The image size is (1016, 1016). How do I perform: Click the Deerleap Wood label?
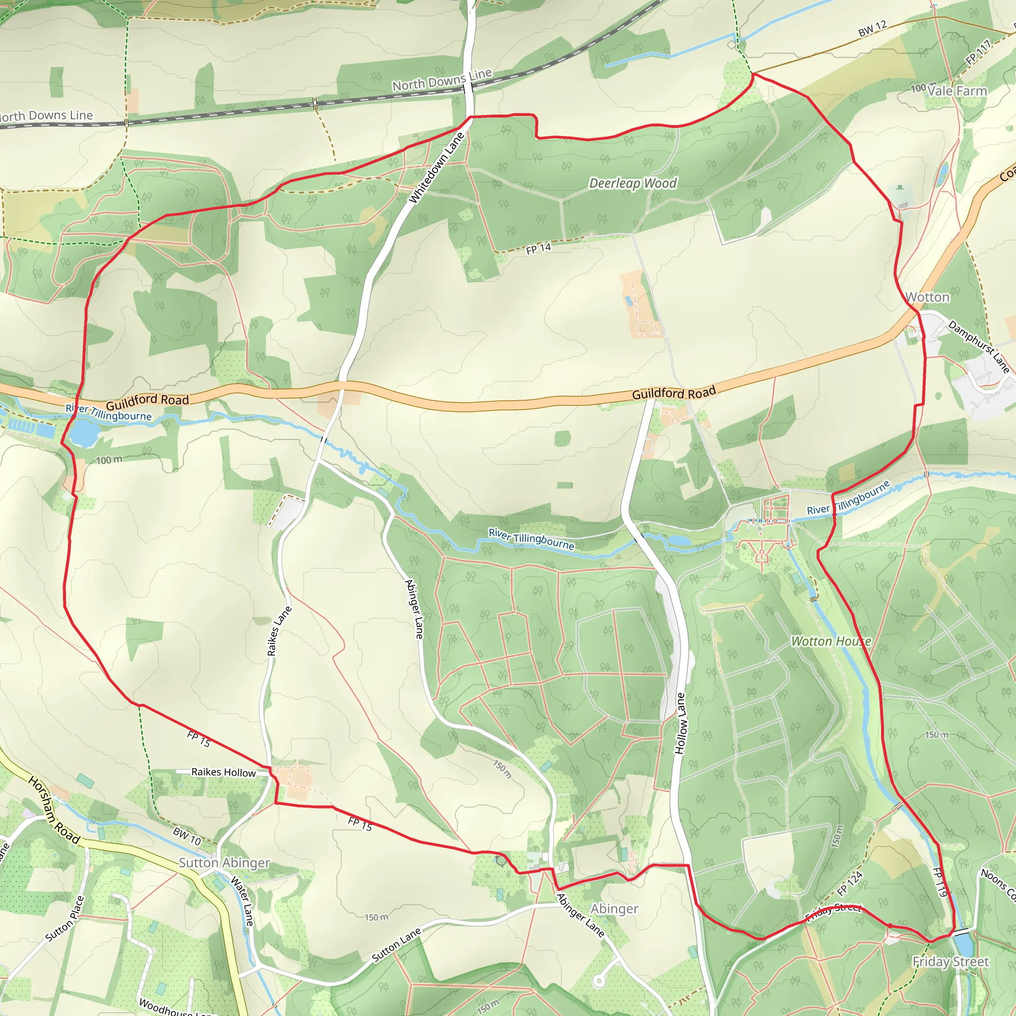coord(633,184)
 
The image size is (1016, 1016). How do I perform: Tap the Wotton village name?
coord(927,298)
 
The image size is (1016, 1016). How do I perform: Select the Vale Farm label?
coord(956,91)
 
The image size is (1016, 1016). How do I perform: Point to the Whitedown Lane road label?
coord(437,168)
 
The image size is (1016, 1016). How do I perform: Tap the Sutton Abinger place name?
coord(224,863)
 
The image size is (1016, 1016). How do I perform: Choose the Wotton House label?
coord(831,641)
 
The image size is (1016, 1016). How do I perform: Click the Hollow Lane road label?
coord(681,724)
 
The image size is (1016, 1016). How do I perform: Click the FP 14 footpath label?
coord(538,249)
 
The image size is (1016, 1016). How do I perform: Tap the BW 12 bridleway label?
coord(873,29)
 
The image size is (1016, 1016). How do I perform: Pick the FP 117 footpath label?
coord(978,53)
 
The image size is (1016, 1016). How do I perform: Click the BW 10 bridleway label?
coord(187,836)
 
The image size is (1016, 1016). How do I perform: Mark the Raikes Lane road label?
coord(279,631)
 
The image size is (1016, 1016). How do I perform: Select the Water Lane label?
coord(243,901)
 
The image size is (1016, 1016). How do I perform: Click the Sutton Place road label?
coord(64,919)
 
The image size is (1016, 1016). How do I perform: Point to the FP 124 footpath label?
coord(850,884)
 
